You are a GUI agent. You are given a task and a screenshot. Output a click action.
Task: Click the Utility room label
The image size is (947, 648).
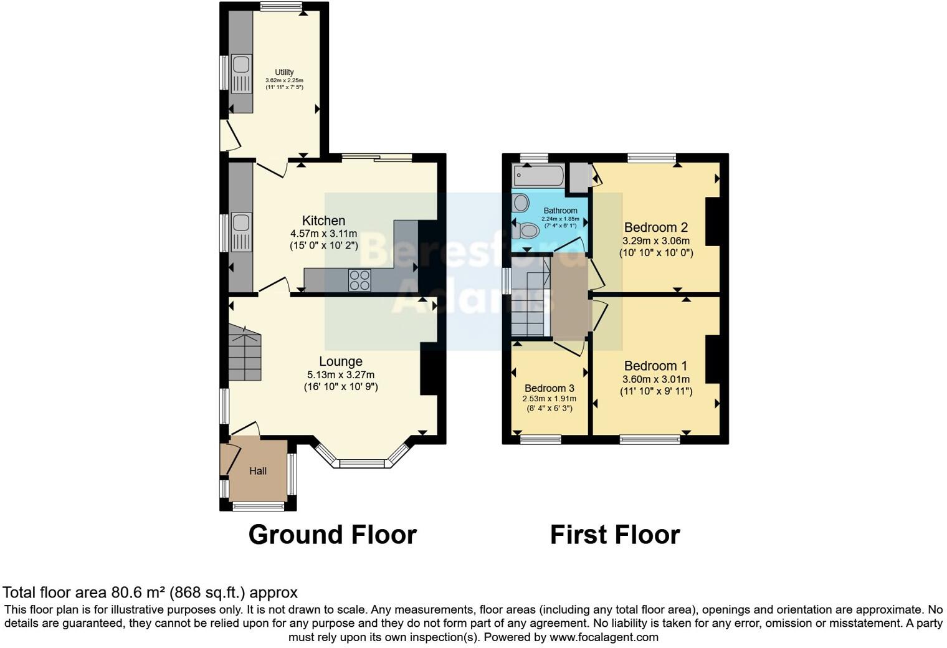(284, 72)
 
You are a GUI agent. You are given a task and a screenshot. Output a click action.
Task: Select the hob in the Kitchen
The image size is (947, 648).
(359, 280)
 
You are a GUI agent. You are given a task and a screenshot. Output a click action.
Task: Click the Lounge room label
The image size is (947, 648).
(341, 361)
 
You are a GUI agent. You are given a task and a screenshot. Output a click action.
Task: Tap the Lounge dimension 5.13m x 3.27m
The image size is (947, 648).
(341, 375)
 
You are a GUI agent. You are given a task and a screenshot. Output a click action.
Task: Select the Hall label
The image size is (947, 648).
(258, 471)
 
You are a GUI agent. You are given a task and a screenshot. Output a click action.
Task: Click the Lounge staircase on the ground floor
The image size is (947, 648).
(245, 355)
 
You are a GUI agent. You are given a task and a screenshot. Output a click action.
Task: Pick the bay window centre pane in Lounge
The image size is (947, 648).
(362, 464)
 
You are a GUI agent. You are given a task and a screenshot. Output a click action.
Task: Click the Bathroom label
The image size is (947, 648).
(560, 211)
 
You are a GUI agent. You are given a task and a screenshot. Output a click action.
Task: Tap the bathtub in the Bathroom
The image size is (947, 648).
(539, 176)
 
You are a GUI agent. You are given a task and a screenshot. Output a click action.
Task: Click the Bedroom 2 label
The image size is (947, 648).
(656, 227)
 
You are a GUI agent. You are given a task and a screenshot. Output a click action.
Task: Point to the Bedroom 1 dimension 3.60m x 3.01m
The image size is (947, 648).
(656, 379)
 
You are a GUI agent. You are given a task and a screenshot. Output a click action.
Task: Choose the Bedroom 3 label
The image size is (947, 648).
(550, 388)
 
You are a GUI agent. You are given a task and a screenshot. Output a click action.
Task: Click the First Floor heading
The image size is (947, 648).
(615, 535)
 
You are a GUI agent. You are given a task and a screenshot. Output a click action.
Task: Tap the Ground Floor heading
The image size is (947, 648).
(333, 535)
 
